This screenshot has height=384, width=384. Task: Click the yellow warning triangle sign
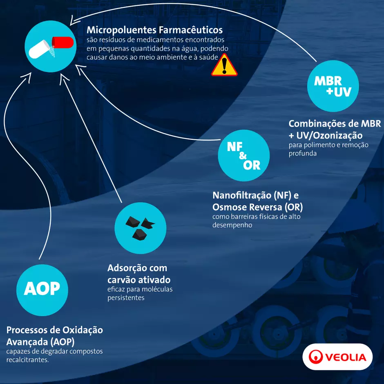(x=224, y=66)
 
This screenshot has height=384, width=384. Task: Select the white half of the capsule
(x=39, y=49)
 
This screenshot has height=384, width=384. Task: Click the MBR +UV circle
(x=333, y=86)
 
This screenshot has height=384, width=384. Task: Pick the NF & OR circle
(x=243, y=156)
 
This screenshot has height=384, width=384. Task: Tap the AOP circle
(x=42, y=290)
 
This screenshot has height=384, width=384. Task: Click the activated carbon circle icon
(x=141, y=228)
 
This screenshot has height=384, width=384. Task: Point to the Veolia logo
(x=337, y=357)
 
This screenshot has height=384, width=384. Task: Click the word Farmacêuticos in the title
(x=190, y=30)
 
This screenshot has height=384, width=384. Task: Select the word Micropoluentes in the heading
(x=121, y=30)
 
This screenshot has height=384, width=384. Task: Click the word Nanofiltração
(x=242, y=195)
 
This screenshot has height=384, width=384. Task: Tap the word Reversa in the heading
(x=269, y=207)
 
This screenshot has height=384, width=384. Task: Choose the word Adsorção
(x=127, y=268)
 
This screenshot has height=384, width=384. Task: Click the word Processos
(x=27, y=330)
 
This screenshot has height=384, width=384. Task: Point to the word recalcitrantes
(x=27, y=359)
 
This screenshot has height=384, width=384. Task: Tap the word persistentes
(x=126, y=298)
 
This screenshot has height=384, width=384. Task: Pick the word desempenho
(x=232, y=225)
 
